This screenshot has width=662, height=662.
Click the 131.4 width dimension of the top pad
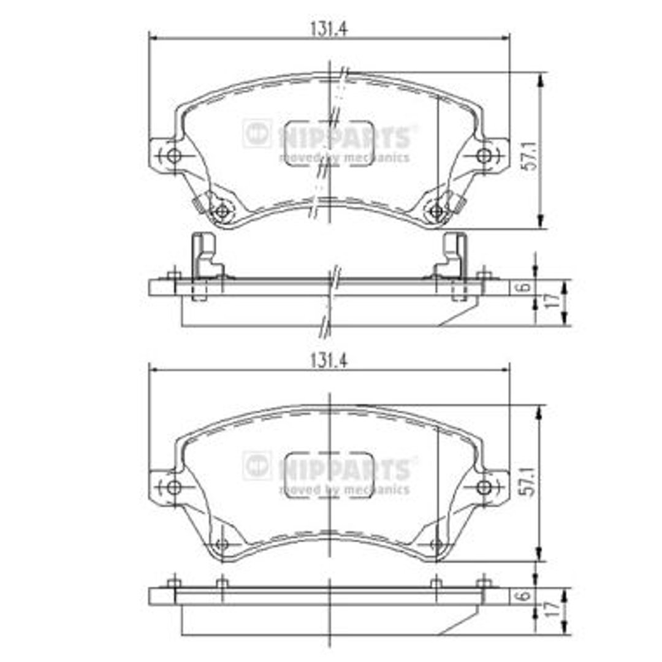coord(329,29)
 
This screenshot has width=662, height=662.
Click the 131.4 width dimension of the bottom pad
coord(329,361)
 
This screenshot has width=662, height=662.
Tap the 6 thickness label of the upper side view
coord(524,287)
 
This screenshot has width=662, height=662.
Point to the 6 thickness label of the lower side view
coord(524,595)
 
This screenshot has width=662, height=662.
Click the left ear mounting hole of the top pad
coord(173,156)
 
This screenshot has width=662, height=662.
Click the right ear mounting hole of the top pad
coord(484,156)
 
